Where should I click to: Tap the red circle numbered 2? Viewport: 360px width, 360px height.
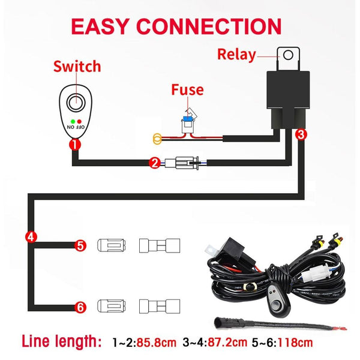154,162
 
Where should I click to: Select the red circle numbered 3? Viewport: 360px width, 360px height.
302,134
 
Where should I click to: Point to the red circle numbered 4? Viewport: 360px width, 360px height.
30,235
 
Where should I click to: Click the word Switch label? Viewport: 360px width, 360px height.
77,66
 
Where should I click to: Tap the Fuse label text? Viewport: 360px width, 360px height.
187,90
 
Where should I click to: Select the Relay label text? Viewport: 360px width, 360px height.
236,55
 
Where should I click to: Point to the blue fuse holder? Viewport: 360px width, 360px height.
187,126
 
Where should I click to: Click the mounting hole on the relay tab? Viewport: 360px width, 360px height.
289,55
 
